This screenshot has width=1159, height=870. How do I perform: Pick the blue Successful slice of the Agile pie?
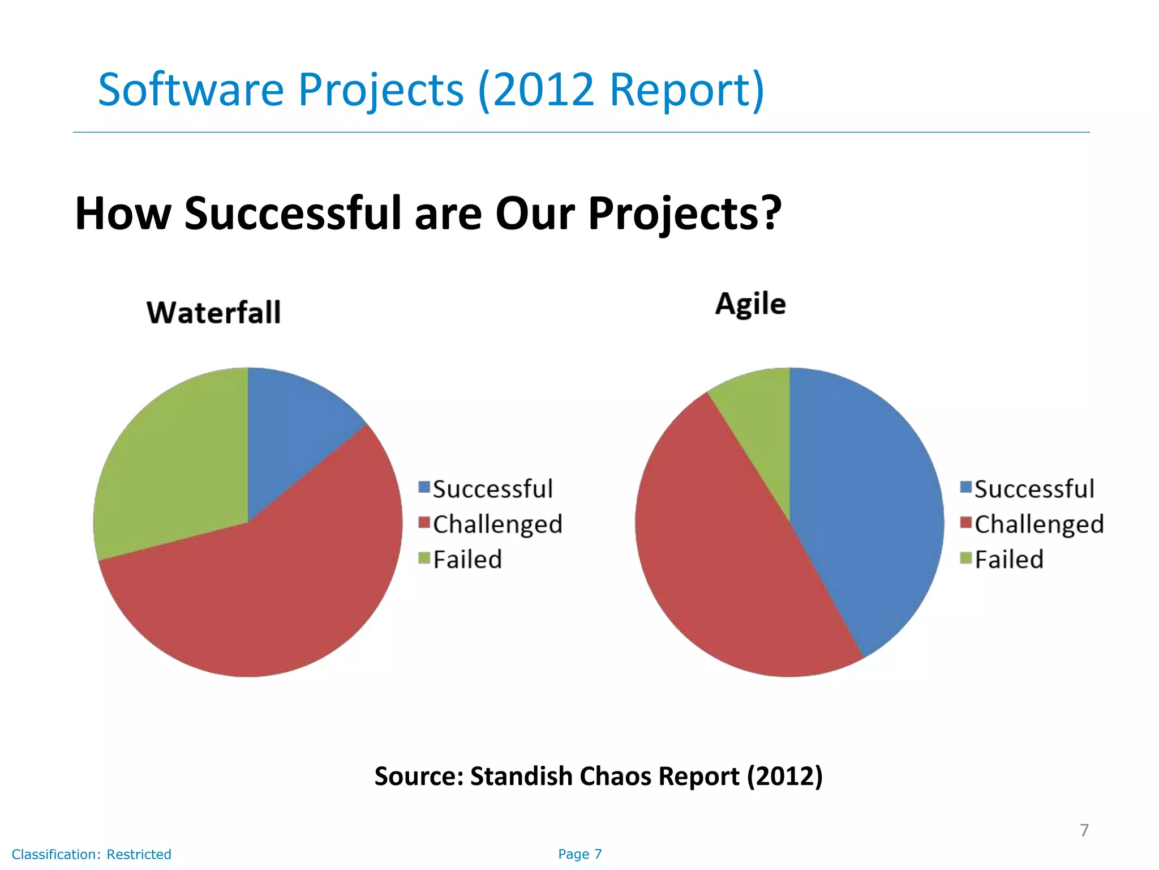pos(866,510)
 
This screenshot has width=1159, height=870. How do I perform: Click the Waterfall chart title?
pos(213,313)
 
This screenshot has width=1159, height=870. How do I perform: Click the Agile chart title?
pos(750,305)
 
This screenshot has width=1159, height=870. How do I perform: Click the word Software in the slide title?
pos(191,89)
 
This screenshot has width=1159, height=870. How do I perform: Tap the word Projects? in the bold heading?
pos(685,214)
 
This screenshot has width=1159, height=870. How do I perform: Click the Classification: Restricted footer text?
pos(92,854)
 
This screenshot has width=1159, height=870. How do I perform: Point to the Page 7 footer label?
pos(579,854)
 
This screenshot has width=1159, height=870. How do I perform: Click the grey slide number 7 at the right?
pos(1084,830)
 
